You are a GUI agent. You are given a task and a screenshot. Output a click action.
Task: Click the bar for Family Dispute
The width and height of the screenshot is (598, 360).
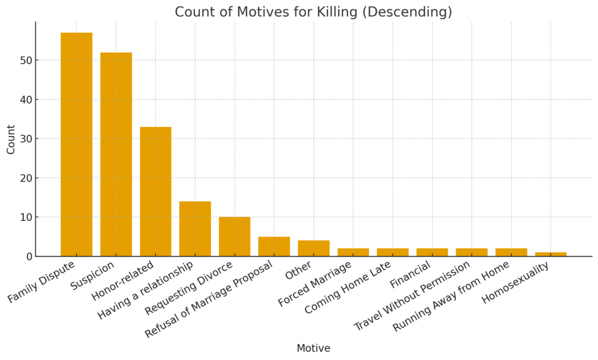pyautogui.click(x=77, y=144)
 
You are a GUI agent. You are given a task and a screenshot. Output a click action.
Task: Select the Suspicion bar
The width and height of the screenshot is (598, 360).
pyautogui.click(x=116, y=154)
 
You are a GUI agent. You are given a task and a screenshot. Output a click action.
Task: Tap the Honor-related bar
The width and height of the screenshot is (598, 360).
pyautogui.click(x=155, y=192)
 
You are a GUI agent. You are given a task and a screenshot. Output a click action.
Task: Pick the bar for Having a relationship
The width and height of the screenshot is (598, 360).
pyautogui.click(x=195, y=229)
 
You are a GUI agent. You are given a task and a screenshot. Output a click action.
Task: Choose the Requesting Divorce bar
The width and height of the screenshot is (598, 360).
pyautogui.click(x=235, y=237)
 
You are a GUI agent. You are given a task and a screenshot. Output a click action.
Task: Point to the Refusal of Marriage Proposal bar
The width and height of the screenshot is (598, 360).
pyautogui.click(x=274, y=247)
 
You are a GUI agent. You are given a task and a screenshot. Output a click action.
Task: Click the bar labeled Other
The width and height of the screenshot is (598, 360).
pyautogui.click(x=314, y=248)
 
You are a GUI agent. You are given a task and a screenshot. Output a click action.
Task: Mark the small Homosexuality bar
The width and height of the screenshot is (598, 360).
pyautogui.click(x=551, y=254)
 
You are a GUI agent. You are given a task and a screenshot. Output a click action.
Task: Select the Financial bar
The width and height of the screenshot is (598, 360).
pyautogui.click(x=432, y=252)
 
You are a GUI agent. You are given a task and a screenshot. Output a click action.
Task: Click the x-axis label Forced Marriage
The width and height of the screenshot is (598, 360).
pyautogui.click(x=315, y=284)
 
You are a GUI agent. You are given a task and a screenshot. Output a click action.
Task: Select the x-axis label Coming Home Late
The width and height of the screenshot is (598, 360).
pyautogui.click(x=349, y=288)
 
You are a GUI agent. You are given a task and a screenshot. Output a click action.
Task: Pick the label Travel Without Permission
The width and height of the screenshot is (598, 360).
pyautogui.click(x=412, y=295)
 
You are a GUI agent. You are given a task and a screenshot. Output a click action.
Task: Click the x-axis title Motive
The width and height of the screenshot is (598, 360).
pyautogui.click(x=313, y=348)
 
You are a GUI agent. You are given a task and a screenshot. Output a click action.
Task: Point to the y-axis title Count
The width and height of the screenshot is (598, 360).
pyautogui.click(x=11, y=139)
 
